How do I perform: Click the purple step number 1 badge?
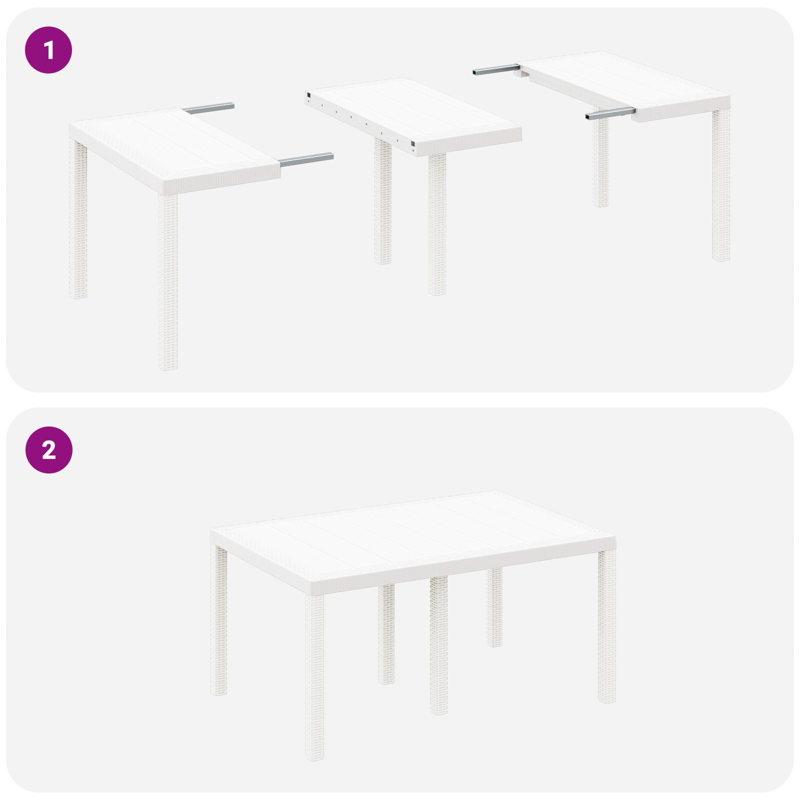click(x=48, y=50)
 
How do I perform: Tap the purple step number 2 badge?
click(x=48, y=450)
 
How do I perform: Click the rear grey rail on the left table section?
click(x=209, y=107)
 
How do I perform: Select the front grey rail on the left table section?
click(x=306, y=159)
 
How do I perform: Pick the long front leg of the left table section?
click(x=168, y=280)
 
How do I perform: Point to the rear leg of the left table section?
click(x=78, y=220)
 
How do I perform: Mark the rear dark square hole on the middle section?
click(x=308, y=94)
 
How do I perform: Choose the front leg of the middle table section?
click(x=437, y=225)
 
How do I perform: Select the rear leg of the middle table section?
click(x=383, y=200)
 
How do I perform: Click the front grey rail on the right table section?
click(x=610, y=114)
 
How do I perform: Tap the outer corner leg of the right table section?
click(x=721, y=185)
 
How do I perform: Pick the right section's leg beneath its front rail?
click(x=600, y=160)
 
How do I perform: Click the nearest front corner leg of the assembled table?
click(x=314, y=675)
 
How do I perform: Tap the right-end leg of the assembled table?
click(x=606, y=625)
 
